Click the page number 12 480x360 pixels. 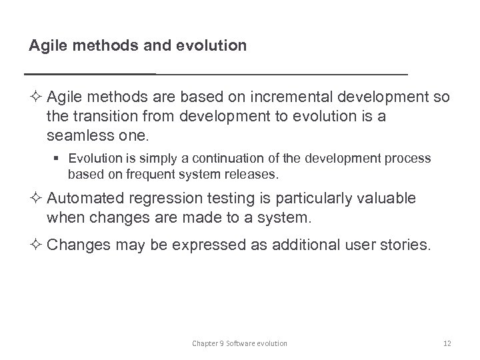coord(447,343)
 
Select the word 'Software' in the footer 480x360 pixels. coord(243,343)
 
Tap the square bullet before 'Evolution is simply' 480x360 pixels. coord(59,159)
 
